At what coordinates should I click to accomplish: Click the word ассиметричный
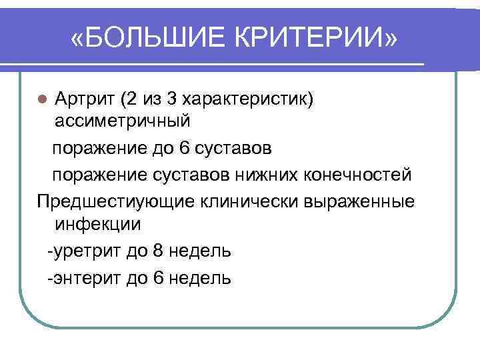coord(123,122)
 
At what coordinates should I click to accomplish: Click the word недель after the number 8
coord(199,251)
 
